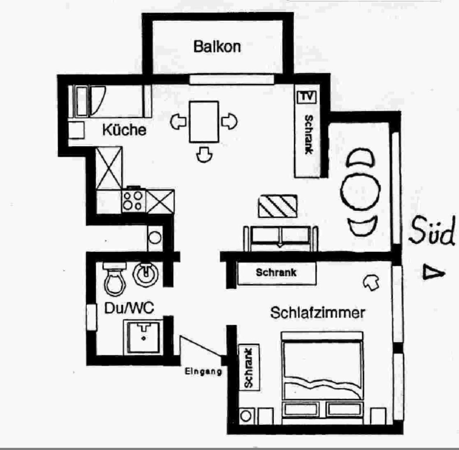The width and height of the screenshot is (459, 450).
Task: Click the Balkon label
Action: (217, 47)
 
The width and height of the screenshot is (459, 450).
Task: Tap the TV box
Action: (307, 97)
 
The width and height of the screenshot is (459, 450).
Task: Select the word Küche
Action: (124, 130)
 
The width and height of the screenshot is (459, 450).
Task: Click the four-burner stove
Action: (133, 201)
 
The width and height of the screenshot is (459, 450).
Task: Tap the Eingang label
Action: (203, 371)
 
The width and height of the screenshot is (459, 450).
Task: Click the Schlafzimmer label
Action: (317, 313)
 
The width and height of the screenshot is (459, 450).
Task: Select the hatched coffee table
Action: (278, 206)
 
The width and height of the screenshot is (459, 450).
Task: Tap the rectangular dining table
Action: (204, 122)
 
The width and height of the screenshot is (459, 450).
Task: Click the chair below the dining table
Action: (204, 155)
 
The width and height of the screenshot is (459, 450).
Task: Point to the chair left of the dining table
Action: (178, 122)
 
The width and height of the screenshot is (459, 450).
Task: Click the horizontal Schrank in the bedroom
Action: (277, 273)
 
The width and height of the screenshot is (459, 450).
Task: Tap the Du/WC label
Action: (129, 308)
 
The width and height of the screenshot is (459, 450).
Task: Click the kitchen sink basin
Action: (82, 101)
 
